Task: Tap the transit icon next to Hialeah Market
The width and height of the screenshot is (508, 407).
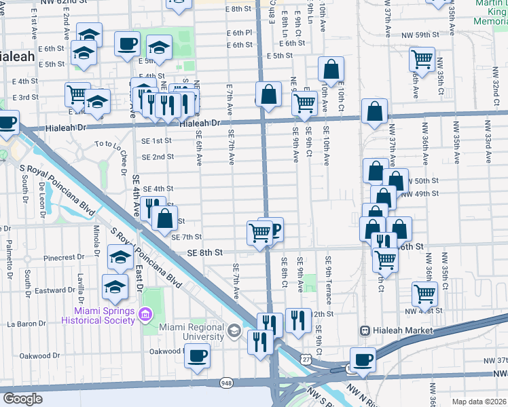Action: (x=365, y=330)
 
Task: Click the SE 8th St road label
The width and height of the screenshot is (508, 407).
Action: (x=204, y=252)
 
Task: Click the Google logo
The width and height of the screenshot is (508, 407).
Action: (x=22, y=399)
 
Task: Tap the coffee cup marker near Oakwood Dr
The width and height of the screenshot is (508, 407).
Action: (x=197, y=355)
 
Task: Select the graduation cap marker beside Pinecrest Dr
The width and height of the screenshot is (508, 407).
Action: (x=120, y=257)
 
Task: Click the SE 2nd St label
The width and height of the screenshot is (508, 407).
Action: (x=157, y=157)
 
